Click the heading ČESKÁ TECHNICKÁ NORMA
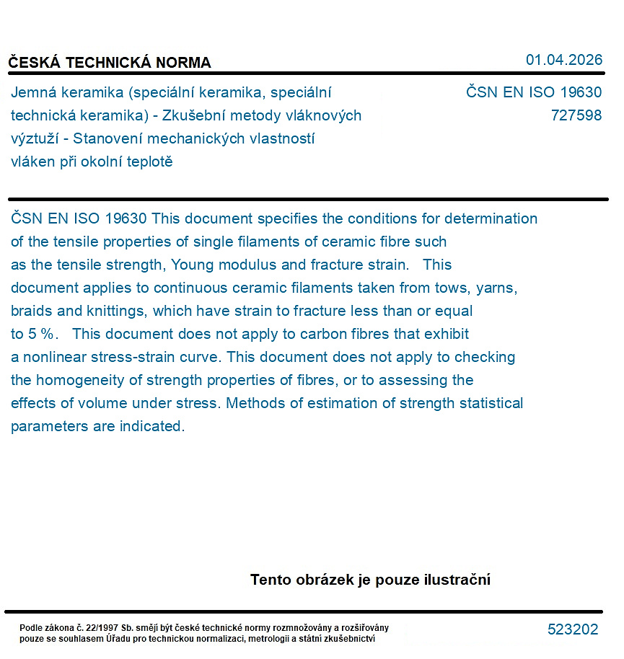(x=110, y=63)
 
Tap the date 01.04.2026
(x=563, y=60)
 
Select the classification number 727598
(x=576, y=115)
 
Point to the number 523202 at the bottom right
(x=573, y=629)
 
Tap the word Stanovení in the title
(x=105, y=138)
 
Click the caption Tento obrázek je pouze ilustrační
(x=370, y=580)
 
